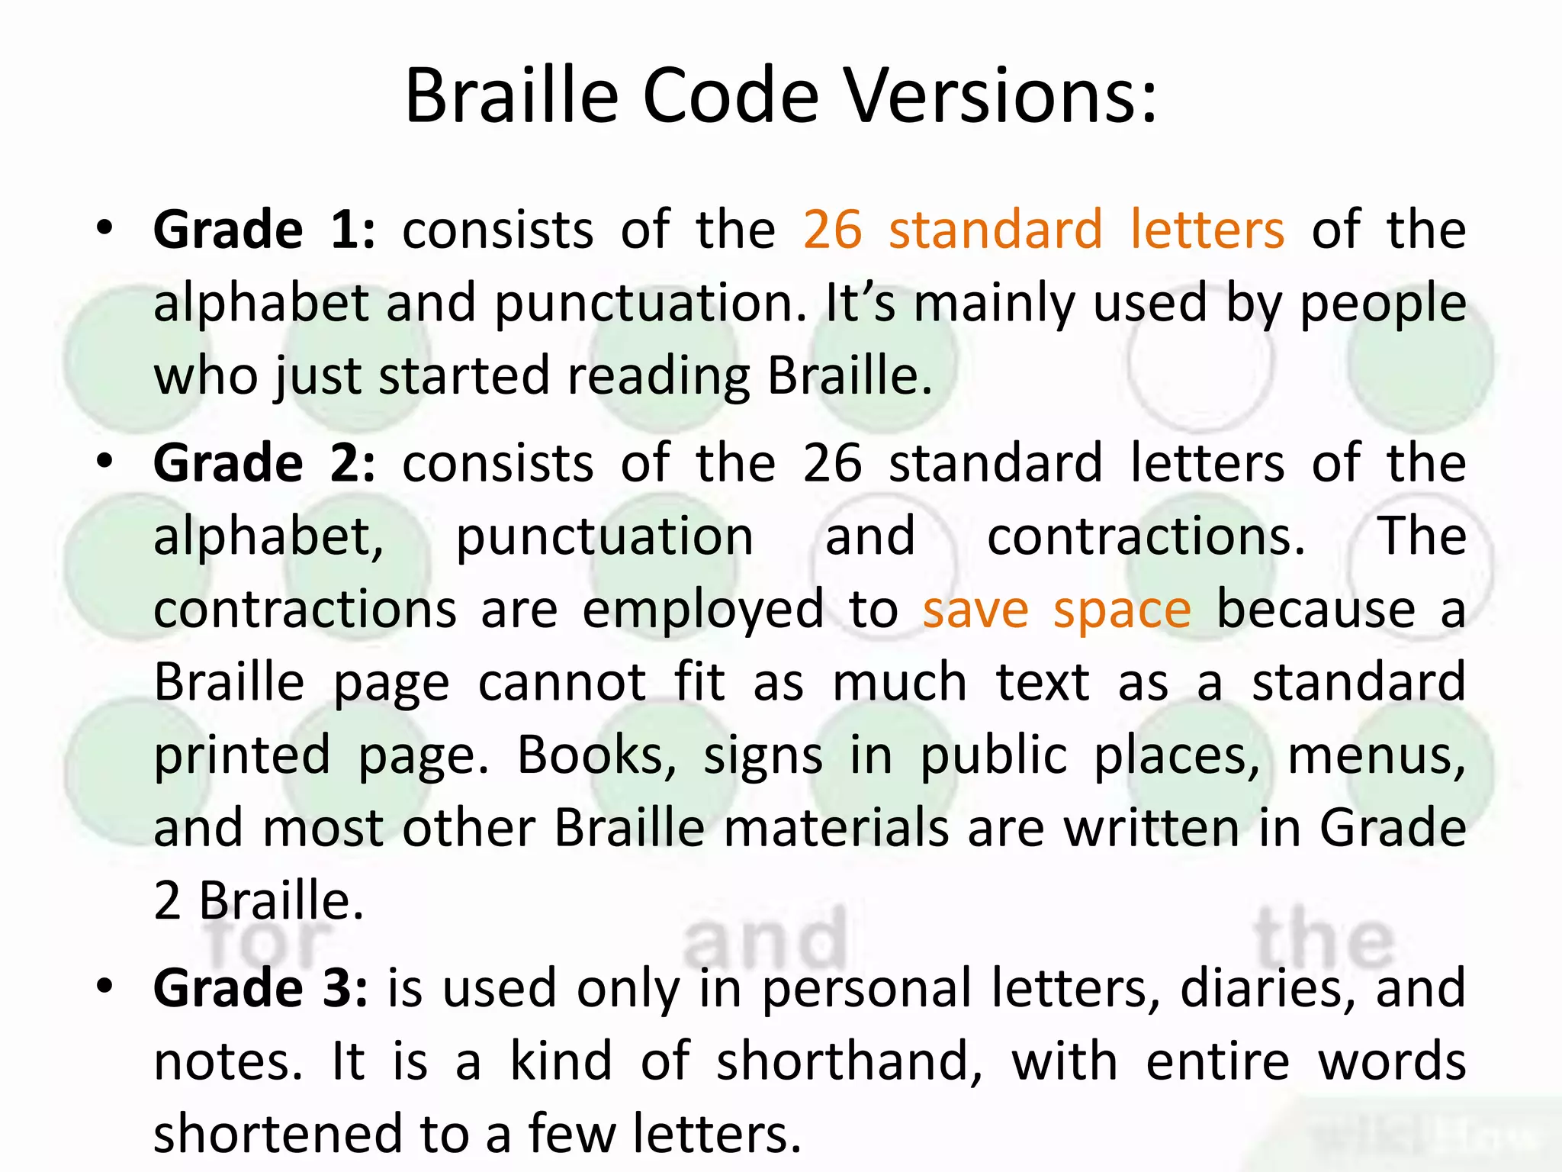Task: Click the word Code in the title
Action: coord(730,97)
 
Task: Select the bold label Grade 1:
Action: coord(264,230)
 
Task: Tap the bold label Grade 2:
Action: coord(264,463)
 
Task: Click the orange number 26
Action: coord(832,230)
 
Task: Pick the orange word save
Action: coord(975,610)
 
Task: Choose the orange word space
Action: coord(1122,610)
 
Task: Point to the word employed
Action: coord(702,611)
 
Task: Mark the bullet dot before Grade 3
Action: coord(104,987)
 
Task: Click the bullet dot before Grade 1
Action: coord(104,228)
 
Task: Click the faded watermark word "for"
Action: coord(267,943)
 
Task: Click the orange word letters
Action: coord(1207,230)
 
